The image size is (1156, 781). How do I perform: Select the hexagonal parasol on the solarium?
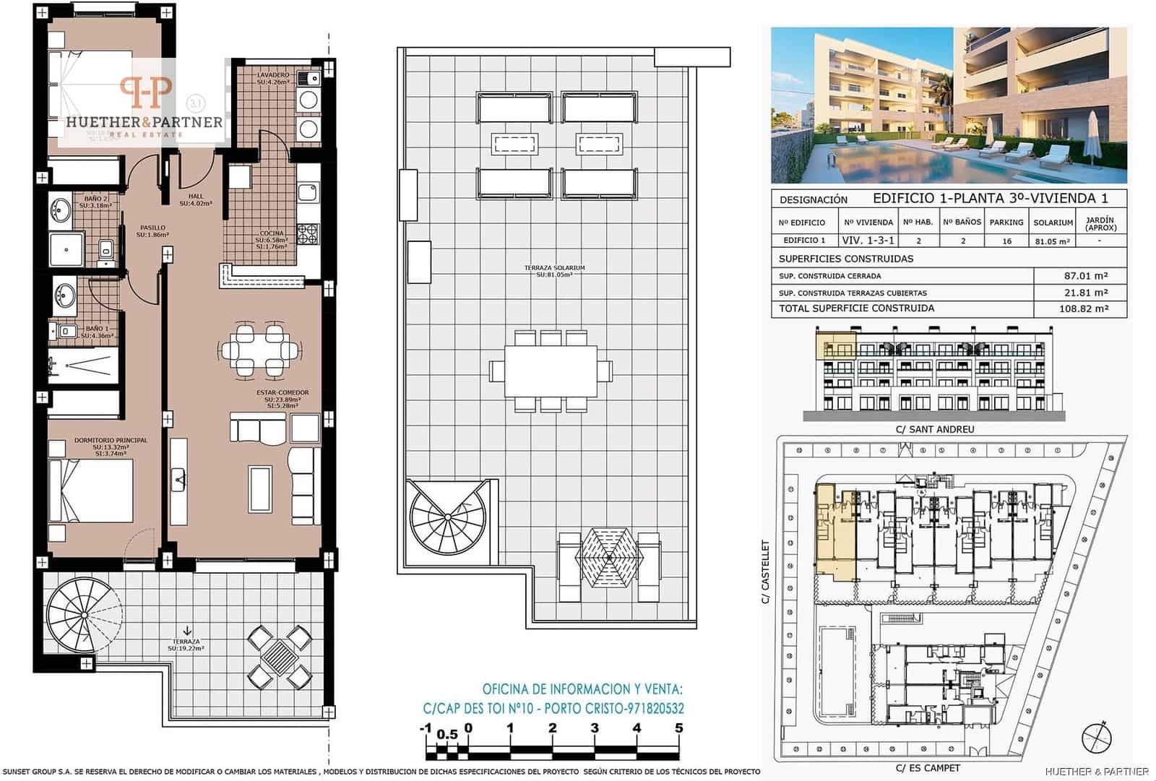tap(609, 557)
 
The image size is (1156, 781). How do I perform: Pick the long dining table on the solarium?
tap(551, 371)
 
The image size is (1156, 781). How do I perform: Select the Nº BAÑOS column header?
tap(962, 223)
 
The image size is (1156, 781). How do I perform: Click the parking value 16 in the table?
tap(1006, 241)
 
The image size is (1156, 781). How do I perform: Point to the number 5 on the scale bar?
tap(678, 728)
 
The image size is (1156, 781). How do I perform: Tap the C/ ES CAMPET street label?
tap(928, 768)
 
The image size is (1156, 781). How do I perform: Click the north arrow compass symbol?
tap(1097, 736)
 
